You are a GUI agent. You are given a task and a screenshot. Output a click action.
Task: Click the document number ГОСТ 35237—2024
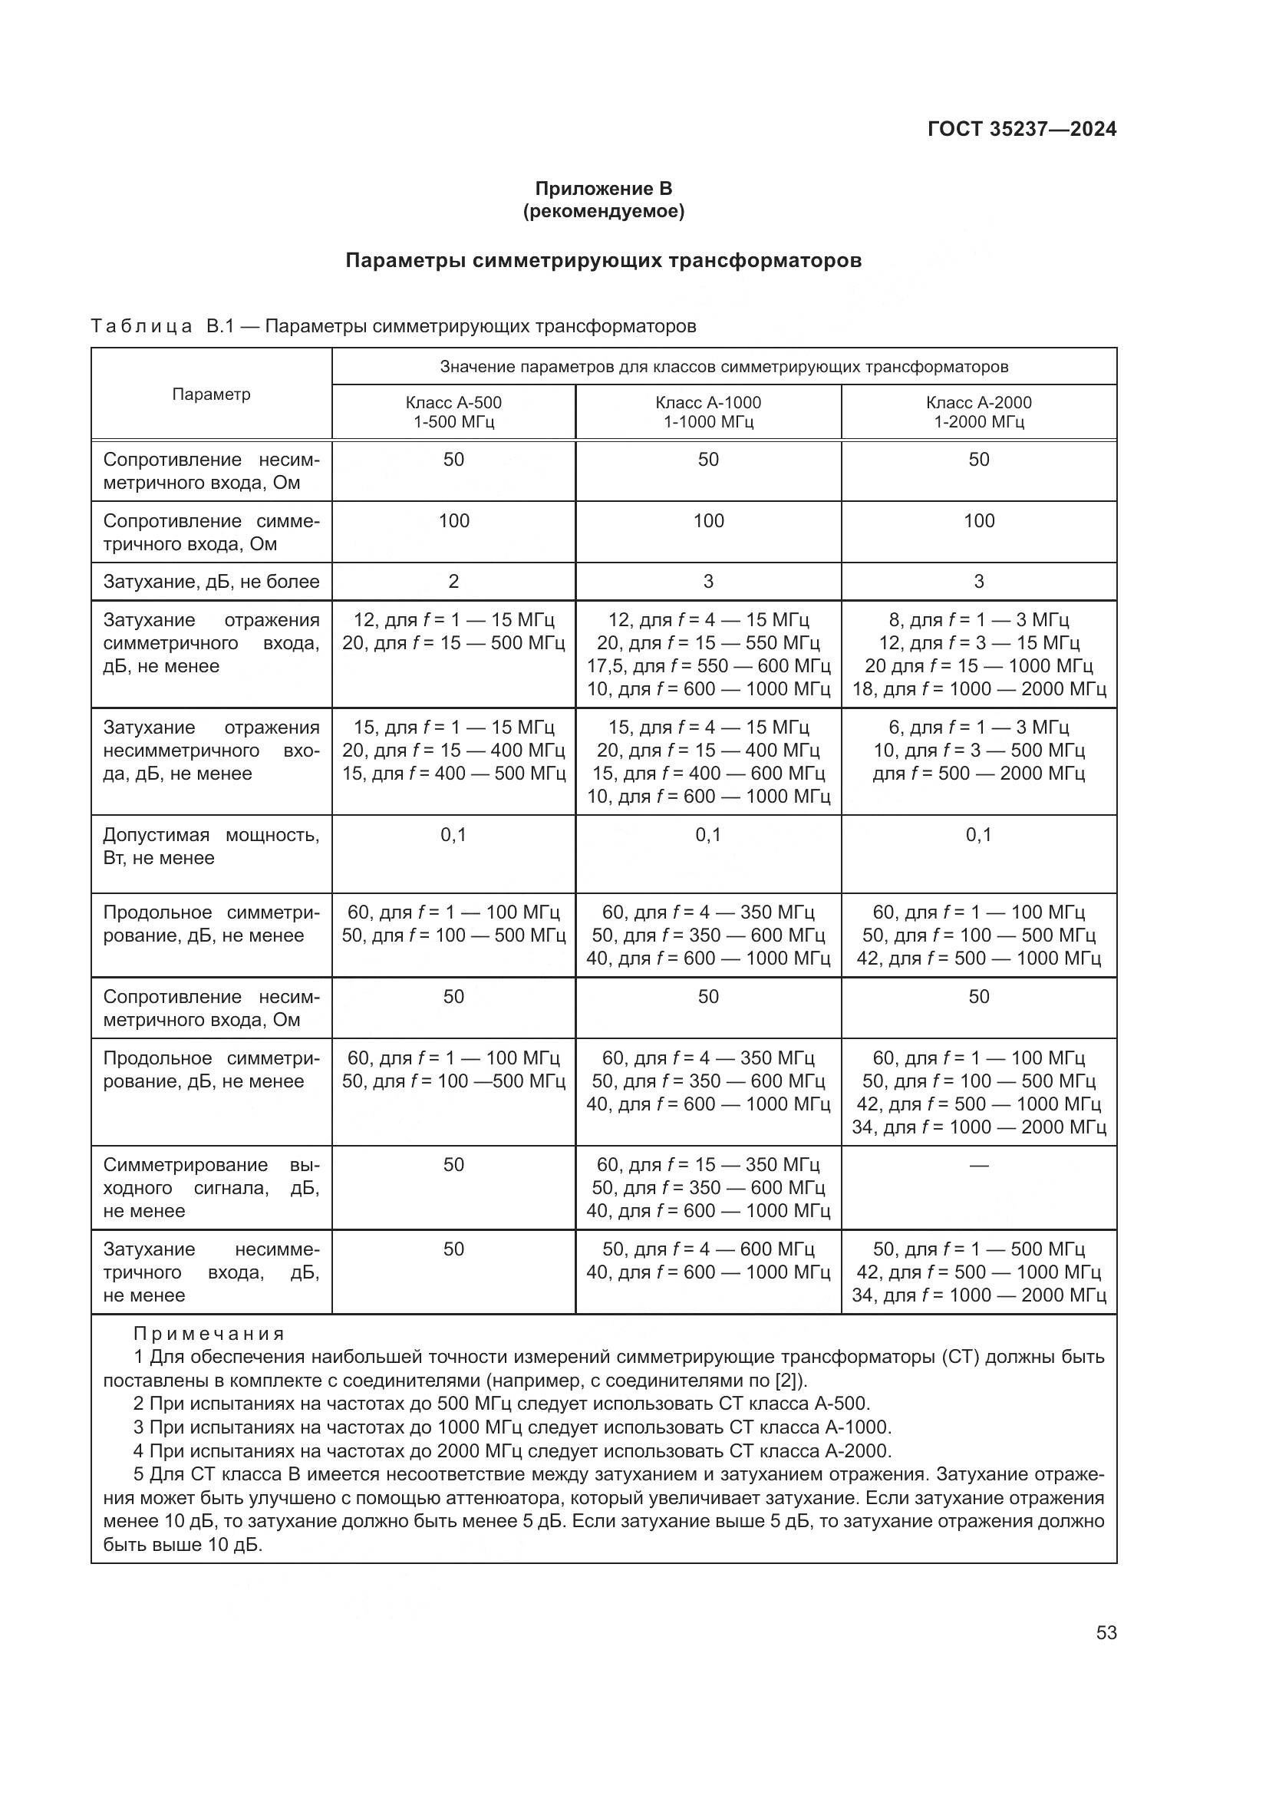click(x=1021, y=129)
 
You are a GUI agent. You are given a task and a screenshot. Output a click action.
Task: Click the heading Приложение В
click(x=603, y=189)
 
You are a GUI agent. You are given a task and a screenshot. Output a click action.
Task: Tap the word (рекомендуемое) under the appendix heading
click(x=603, y=211)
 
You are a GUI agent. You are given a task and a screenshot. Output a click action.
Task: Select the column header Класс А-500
click(x=453, y=403)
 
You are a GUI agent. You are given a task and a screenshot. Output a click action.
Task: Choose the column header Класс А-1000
click(x=708, y=403)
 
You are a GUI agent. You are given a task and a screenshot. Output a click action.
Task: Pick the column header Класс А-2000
click(x=978, y=403)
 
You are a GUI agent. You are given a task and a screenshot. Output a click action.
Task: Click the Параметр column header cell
click(x=211, y=394)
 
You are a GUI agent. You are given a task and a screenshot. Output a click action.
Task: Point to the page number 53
click(x=1106, y=1632)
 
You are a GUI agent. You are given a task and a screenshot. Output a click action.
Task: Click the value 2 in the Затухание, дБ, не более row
click(x=453, y=582)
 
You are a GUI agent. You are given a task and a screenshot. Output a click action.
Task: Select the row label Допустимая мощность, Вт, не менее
click(x=211, y=846)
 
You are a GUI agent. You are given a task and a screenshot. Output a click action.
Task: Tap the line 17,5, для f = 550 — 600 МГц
click(x=708, y=666)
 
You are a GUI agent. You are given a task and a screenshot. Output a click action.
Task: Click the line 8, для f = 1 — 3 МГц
click(x=978, y=620)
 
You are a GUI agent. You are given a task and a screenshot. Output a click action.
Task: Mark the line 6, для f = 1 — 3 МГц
click(x=978, y=727)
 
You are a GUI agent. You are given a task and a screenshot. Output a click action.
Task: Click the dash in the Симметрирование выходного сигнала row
click(x=978, y=1166)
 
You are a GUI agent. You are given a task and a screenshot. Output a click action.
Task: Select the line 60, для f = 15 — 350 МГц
click(x=708, y=1165)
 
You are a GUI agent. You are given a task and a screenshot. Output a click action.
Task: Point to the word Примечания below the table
click(x=209, y=1334)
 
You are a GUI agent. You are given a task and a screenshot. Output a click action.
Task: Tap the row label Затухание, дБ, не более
click(x=211, y=582)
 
